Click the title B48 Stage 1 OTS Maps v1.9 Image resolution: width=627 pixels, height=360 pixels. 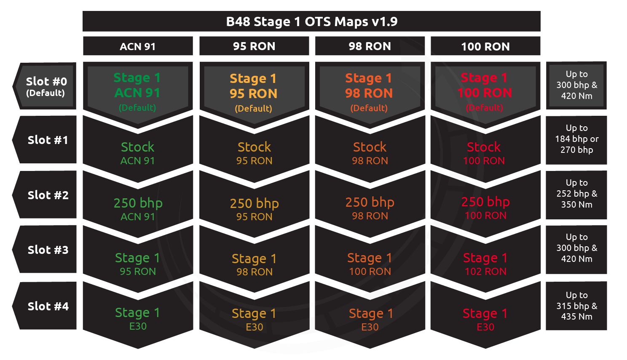(x=311, y=21)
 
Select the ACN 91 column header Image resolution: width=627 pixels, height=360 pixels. (x=138, y=46)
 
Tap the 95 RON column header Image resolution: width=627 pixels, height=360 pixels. (x=254, y=46)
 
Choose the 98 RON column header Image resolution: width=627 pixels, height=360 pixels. (x=370, y=46)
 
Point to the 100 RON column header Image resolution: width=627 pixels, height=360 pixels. (x=485, y=46)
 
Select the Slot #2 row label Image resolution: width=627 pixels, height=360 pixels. (x=48, y=195)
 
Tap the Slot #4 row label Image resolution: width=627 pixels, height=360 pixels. (x=48, y=306)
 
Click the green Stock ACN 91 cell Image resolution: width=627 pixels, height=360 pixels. (x=138, y=153)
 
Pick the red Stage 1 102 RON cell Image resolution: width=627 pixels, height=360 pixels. (x=485, y=264)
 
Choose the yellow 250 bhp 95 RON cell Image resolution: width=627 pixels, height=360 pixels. (x=254, y=209)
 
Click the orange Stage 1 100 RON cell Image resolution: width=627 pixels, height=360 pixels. (x=370, y=264)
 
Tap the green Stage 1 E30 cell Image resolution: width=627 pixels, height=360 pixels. (x=138, y=318)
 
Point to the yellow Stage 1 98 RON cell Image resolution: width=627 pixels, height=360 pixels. (x=254, y=264)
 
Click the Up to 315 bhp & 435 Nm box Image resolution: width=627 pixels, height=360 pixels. (x=576, y=306)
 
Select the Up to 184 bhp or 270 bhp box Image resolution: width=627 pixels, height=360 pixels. (x=576, y=139)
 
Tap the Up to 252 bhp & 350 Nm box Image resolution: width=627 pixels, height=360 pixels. (x=576, y=194)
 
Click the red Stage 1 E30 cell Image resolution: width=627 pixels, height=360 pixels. (x=485, y=319)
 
